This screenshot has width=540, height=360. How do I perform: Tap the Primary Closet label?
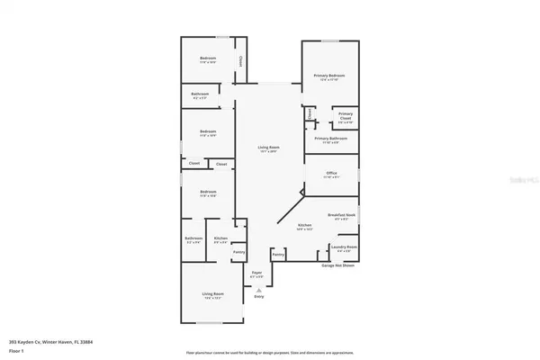point(346,116)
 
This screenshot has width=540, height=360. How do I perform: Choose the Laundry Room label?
point(344,247)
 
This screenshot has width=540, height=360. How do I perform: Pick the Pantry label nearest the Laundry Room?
point(278,256)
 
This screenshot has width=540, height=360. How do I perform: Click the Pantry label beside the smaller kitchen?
point(238,252)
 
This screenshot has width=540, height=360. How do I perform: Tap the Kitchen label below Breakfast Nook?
point(305,226)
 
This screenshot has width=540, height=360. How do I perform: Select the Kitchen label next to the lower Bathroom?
point(220,238)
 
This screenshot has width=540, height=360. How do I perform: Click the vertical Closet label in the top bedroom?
point(241,61)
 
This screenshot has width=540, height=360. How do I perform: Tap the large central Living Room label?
point(267,149)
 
